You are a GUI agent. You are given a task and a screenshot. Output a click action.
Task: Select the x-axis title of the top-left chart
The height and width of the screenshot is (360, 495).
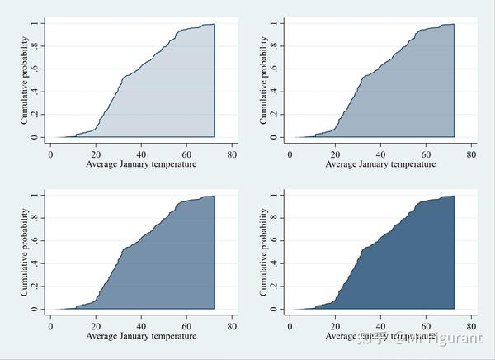(x=142, y=165)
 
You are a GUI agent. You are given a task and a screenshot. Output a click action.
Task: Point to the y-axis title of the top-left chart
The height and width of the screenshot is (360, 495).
(x=24, y=80)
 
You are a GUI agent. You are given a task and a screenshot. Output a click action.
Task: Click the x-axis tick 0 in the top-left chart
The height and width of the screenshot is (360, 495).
(x=51, y=154)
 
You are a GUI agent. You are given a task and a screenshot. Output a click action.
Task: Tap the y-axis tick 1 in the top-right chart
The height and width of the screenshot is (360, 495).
(x=272, y=23)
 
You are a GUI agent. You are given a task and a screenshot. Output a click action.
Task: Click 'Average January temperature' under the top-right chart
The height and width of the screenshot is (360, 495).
(x=380, y=165)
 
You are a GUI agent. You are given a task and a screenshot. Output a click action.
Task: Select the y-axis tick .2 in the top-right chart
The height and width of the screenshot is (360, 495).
(x=272, y=115)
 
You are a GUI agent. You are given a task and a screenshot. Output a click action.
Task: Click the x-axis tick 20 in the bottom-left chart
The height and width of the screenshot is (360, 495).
(x=96, y=326)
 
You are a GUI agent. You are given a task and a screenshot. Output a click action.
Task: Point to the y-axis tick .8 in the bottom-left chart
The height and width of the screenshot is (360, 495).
(x=34, y=218)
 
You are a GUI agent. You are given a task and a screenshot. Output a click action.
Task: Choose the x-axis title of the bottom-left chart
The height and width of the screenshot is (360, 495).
(x=142, y=337)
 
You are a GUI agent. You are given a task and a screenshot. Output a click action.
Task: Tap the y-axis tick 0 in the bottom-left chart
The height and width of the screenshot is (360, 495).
(x=34, y=310)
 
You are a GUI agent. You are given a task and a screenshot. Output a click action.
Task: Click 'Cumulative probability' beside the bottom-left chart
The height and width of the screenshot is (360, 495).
(x=24, y=252)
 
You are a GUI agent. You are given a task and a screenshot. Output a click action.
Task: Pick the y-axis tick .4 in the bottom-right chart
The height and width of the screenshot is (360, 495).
(x=272, y=263)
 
